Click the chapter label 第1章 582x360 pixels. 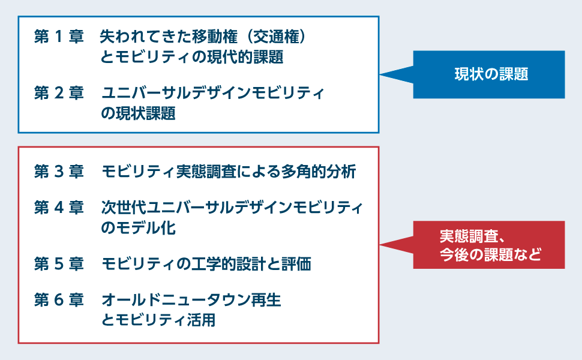point(59,37)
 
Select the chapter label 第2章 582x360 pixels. point(59,93)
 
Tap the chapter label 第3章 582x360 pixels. point(59,172)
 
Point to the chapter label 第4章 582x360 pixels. point(59,208)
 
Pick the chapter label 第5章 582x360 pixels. point(59,264)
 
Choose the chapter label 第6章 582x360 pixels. point(59,300)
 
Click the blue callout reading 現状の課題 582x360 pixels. point(489,74)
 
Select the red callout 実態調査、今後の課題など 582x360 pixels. point(489,245)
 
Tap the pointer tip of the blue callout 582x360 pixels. point(380,74)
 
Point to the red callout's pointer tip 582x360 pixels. point(380,245)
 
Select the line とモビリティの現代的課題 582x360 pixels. point(192,57)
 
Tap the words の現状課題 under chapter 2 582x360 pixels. point(138,113)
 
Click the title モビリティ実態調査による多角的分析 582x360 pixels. point(229,172)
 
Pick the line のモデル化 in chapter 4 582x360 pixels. point(138,228)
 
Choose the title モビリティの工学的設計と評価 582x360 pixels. point(206,264)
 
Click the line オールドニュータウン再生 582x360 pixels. point(191,300)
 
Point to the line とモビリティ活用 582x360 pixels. point(158,320)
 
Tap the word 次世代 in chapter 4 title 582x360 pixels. point(124,208)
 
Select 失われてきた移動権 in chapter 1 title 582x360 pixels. point(169,37)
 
